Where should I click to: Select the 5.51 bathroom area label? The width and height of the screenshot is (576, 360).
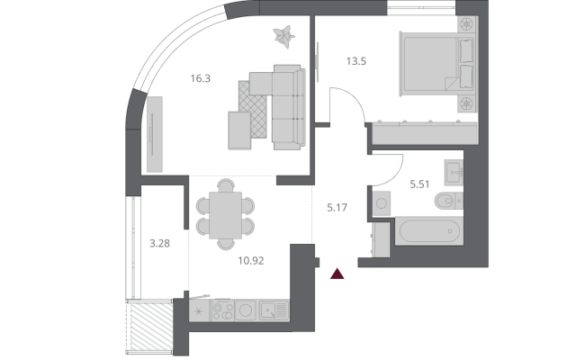coord(421,184)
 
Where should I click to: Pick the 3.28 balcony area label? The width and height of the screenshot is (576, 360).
coord(158,242)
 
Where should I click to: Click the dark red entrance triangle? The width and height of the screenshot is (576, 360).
coord(337,274)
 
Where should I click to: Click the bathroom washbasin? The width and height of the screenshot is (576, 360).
coord(453,169)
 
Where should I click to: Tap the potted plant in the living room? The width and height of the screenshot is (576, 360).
coord(283,37)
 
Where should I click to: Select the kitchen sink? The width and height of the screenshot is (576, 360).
coord(273,311)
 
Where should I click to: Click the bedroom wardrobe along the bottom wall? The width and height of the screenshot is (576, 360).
coord(423,134)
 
